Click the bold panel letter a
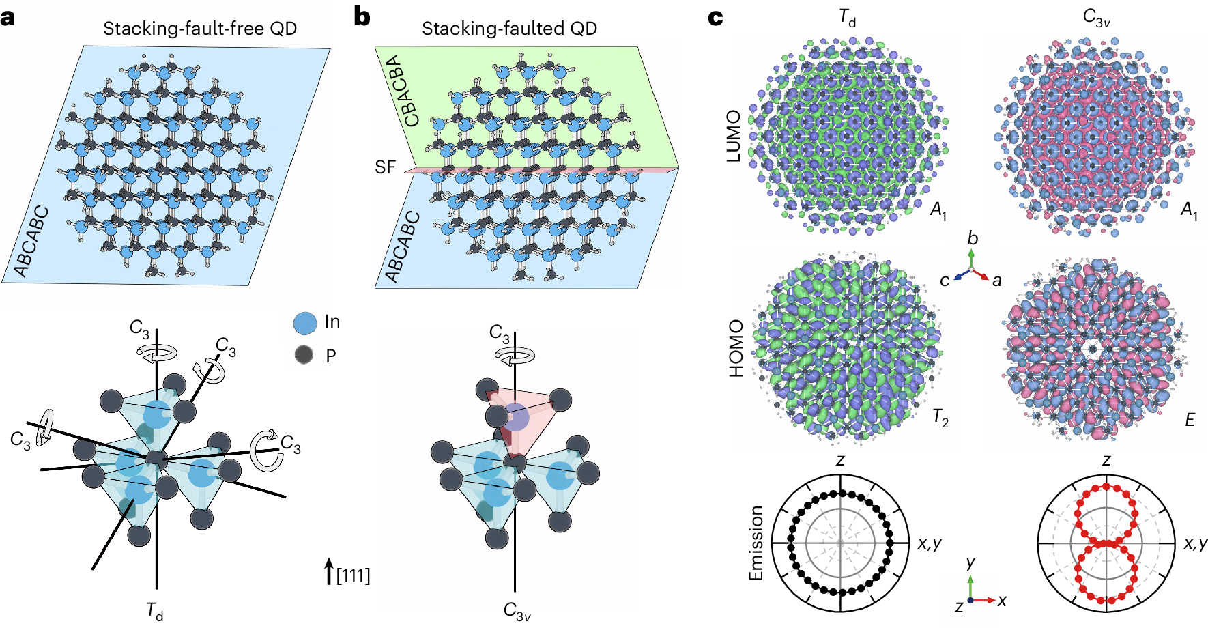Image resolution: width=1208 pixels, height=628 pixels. pyautogui.click(x=8, y=18)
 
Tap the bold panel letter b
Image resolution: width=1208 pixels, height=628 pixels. pyautogui.click(x=362, y=16)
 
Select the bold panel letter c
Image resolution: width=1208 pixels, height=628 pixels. pyautogui.click(x=715, y=17)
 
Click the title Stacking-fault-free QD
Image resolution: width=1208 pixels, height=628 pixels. pyautogui.click(x=200, y=29)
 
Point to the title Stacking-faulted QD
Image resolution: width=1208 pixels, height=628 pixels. pyautogui.click(x=509, y=29)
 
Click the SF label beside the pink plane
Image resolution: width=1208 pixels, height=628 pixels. pyautogui.click(x=385, y=167)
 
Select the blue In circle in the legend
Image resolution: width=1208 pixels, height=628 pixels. pyautogui.click(x=305, y=323)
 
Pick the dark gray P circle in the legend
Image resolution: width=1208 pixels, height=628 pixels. pyautogui.click(x=304, y=355)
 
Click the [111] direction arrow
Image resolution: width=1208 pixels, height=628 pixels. pyautogui.click(x=329, y=572)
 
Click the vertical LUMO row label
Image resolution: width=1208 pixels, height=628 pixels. pyautogui.click(x=734, y=136)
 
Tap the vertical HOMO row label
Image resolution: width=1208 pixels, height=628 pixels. pyautogui.click(x=736, y=348)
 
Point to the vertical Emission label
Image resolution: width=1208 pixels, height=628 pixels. pyautogui.click(x=756, y=543)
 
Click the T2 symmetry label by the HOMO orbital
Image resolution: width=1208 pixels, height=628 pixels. pyautogui.click(x=940, y=417)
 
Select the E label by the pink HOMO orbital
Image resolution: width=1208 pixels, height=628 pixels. pyautogui.click(x=1190, y=420)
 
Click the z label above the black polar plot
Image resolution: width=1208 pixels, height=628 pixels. pyautogui.click(x=840, y=461)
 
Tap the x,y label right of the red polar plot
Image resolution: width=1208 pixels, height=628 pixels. pyautogui.click(x=1196, y=543)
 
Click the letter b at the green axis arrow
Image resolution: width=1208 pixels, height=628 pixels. pyautogui.click(x=973, y=238)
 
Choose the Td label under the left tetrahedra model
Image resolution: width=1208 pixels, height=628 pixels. pyautogui.click(x=155, y=610)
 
